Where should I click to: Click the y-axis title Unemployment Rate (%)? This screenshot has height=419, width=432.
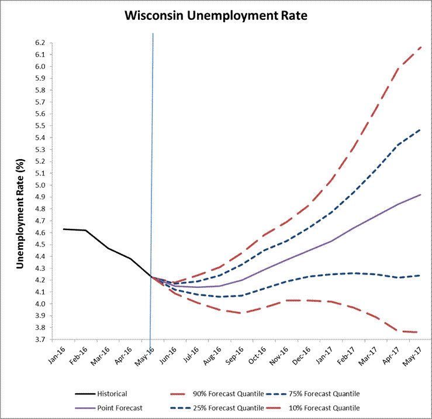[20, 191]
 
